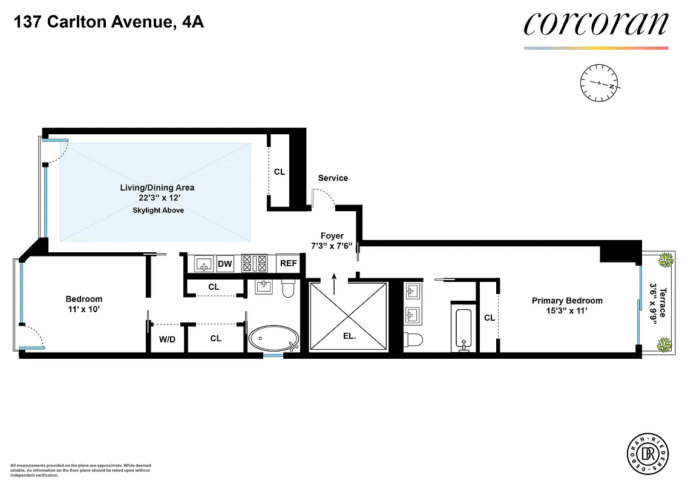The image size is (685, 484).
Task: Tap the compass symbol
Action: (598, 83)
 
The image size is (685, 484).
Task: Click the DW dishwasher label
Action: (225, 264)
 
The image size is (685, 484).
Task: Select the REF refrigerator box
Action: (288, 264)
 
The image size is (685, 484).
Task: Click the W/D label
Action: (167, 339)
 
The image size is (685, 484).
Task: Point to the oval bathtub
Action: (274, 339)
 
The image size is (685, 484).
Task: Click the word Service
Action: (333, 178)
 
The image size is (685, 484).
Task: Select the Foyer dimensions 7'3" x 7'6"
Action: (332, 246)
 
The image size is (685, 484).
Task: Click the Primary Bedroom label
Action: (566, 301)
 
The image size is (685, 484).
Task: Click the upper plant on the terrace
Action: (666, 260)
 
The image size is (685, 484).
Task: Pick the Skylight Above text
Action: (158, 211)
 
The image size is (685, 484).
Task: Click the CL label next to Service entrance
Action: (279, 172)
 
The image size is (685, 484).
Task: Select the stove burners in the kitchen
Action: (255, 264)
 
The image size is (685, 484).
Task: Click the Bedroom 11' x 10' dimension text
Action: (84, 309)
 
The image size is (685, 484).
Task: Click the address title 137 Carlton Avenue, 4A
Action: (109, 24)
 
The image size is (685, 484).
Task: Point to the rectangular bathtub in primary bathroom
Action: (462, 329)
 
